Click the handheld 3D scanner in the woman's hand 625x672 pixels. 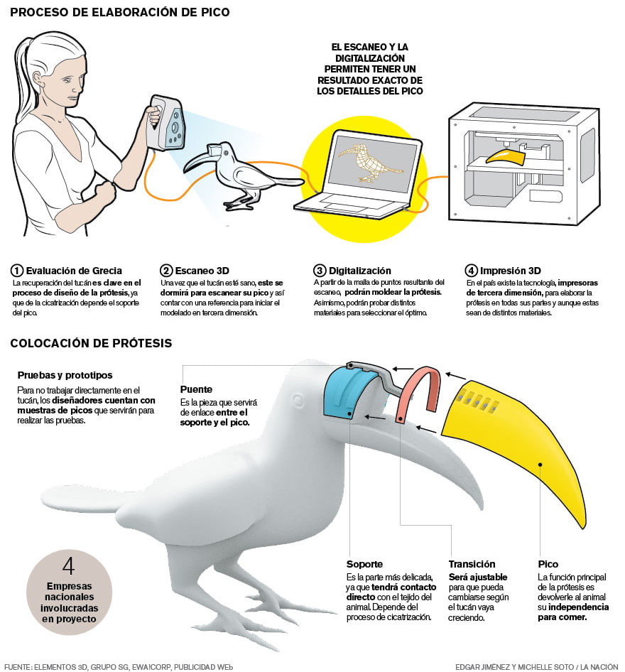[166, 123]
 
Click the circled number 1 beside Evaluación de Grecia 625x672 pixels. [17, 271]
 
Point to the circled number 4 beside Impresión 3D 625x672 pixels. [471, 271]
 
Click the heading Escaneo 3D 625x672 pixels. [202, 271]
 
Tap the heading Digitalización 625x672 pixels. [360, 271]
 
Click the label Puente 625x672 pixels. [196, 389]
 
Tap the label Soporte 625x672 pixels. [364, 564]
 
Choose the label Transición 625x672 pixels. [472, 564]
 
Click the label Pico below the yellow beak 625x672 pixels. [548, 564]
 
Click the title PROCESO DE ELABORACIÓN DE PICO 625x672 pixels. [120, 12]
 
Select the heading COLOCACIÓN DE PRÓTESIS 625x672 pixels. [91, 343]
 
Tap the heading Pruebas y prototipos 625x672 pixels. [65, 375]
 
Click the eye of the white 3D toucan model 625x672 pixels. [298, 401]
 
